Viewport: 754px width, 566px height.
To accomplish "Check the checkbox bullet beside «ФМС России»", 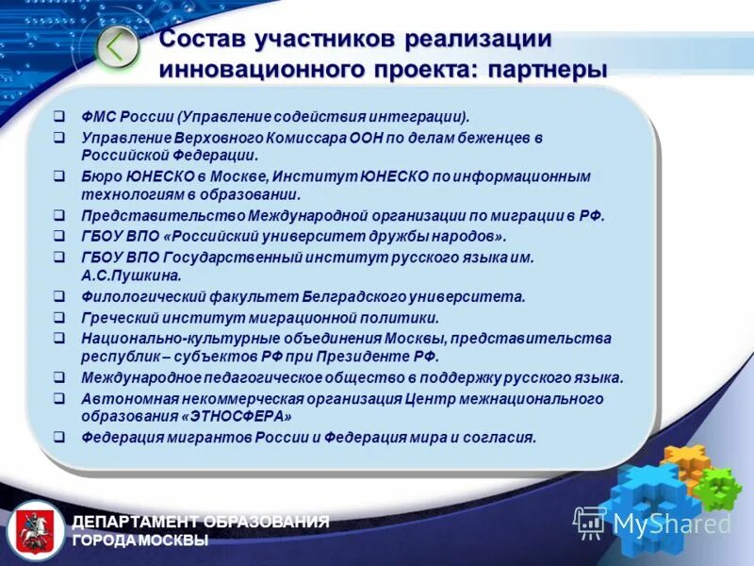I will coord(59,116).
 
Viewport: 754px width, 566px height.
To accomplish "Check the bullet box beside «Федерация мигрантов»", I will coord(59,438).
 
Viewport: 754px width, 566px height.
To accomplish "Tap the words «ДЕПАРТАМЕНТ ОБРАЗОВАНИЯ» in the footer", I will coord(201,522).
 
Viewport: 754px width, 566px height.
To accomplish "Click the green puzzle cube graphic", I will coord(718,488).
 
